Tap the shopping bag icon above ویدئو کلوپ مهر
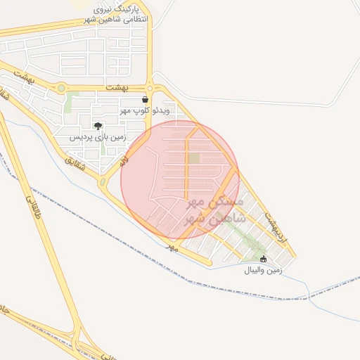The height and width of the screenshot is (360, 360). coord(145,100)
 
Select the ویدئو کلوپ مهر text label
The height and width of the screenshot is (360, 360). coord(144,110)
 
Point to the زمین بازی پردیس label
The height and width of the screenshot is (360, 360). coord(97,138)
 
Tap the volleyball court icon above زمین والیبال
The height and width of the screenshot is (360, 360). coord(264,259)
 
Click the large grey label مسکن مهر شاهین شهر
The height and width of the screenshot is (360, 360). coord(214,211)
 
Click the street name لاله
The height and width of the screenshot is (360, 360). coord(124,163)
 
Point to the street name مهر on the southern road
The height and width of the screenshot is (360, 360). coord(172,247)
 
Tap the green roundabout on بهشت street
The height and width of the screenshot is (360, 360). coord(61,89)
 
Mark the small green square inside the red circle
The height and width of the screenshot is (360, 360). coord(193,159)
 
